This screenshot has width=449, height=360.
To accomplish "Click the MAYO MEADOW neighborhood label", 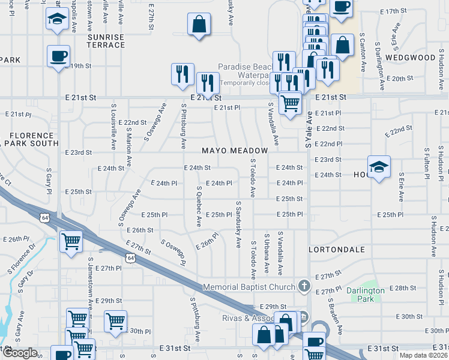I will [x=235, y=150].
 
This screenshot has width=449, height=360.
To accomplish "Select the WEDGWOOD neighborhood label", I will [x=411, y=58].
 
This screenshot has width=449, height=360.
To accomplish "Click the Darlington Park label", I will [x=366, y=295].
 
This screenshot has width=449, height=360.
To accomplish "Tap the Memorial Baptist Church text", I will [x=249, y=287].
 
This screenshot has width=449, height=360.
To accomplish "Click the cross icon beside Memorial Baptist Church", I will [x=304, y=287].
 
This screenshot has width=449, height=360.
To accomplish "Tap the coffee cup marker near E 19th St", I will [x=59, y=57].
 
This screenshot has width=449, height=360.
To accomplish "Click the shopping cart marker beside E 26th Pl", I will [x=71, y=242].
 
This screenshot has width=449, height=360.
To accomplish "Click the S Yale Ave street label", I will [x=309, y=129].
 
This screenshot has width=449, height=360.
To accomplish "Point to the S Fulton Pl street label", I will [x=425, y=164].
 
